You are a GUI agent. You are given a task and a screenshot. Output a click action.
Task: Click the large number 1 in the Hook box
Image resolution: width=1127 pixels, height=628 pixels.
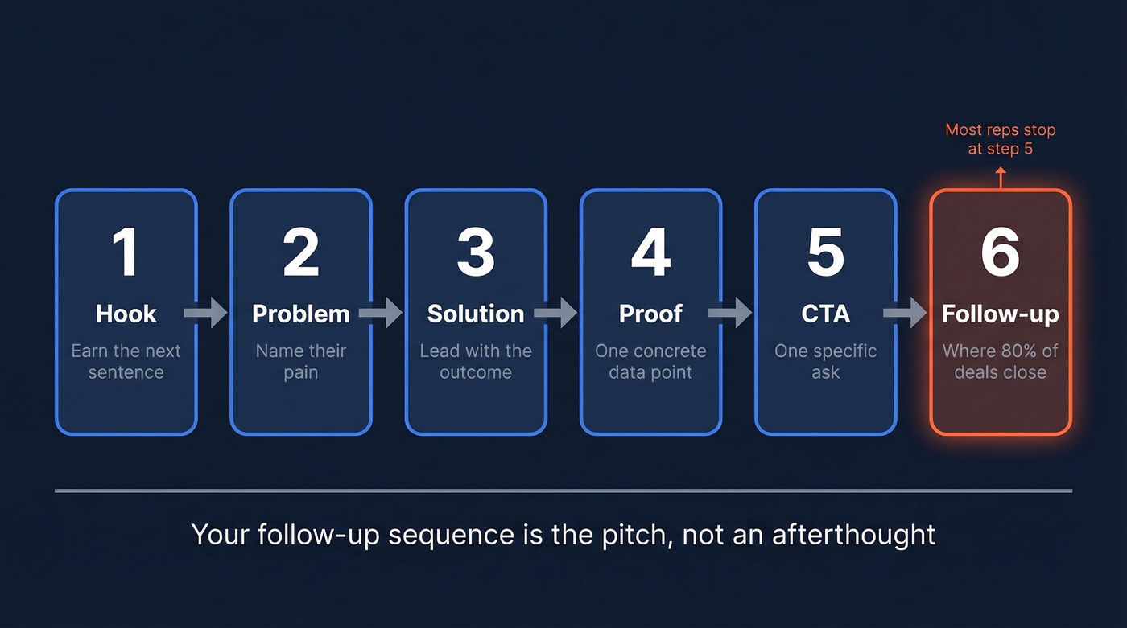[x=125, y=252]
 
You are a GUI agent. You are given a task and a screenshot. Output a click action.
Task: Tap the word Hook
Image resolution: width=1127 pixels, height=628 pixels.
[x=126, y=314]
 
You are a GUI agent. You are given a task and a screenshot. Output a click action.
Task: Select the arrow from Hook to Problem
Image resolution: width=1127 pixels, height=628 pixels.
[x=206, y=312]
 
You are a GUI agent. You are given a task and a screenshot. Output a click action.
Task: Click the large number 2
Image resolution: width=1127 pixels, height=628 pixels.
[x=300, y=252]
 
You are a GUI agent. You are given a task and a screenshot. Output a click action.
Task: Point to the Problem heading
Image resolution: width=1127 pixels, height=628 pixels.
[x=300, y=314]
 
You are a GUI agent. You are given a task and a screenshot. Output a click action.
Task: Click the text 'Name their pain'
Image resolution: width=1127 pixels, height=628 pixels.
[x=300, y=362]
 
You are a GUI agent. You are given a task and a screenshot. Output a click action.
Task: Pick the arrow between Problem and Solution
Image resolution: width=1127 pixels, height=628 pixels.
[x=381, y=312]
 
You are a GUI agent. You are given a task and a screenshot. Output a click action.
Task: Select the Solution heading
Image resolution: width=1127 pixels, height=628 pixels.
[x=475, y=314]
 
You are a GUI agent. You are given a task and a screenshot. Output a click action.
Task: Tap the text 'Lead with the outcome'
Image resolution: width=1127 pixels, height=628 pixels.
[x=475, y=362]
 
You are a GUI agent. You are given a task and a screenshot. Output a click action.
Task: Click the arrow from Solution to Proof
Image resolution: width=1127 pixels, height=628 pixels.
[x=555, y=312]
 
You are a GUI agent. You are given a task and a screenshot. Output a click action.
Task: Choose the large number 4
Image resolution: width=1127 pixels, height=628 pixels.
[x=650, y=252]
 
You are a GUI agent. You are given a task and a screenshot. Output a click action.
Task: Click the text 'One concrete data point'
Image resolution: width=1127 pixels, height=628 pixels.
[x=650, y=362]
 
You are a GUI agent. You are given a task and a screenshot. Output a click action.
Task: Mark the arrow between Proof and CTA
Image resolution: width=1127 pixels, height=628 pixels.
[x=731, y=312]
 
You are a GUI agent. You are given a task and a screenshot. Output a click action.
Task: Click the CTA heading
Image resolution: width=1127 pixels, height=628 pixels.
[x=825, y=314]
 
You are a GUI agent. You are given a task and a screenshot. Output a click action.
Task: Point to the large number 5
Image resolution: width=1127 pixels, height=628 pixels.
[x=825, y=252]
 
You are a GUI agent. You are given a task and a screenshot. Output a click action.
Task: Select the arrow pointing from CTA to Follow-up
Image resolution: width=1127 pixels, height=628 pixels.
[x=906, y=312]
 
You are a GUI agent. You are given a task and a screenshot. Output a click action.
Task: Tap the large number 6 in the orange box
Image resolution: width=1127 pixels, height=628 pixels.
[x=1000, y=252]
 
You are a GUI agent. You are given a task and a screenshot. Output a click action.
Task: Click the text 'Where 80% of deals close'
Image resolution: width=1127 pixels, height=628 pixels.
[x=1000, y=362]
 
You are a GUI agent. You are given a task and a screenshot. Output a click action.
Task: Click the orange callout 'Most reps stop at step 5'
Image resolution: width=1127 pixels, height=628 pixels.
[x=1000, y=138]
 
